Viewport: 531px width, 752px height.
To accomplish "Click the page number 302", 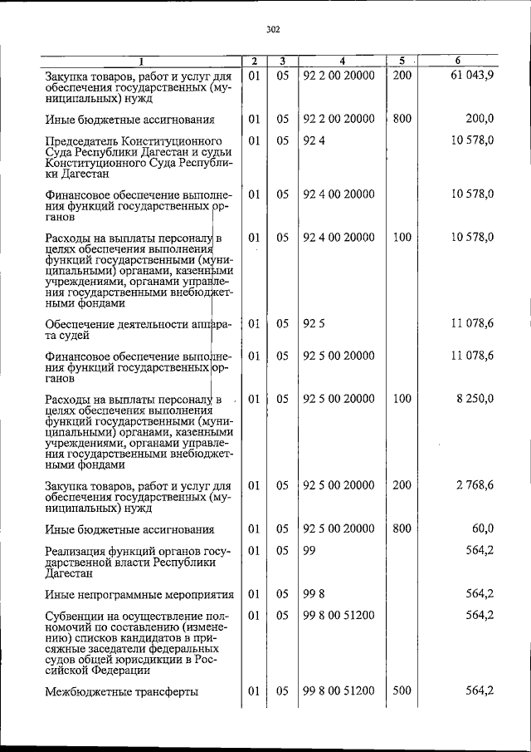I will pyautogui.click(x=273, y=29).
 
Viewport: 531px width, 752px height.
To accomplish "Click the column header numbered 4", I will pyautogui.click(x=341, y=61).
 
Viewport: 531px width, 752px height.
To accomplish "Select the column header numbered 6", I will pyautogui.click(x=458, y=61).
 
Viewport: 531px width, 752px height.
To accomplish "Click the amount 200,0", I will pyautogui.click(x=480, y=119).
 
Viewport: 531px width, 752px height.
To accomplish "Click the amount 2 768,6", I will pyautogui.click(x=475, y=485).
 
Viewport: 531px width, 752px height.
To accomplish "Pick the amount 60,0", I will pyautogui.click(x=483, y=528).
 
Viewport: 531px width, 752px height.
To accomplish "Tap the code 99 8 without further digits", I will pyautogui.click(x=312, y=593).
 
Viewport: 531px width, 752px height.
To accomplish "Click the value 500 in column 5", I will pyautogui.click(x=402, y=691).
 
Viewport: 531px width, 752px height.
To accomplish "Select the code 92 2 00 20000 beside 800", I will pyautogui.click(x=339, y=119).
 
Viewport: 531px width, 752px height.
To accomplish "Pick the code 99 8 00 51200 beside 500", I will pyautogui.click(x=339, y=691).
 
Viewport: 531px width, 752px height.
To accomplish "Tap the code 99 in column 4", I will pyautogui.click(x=309, y=550).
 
